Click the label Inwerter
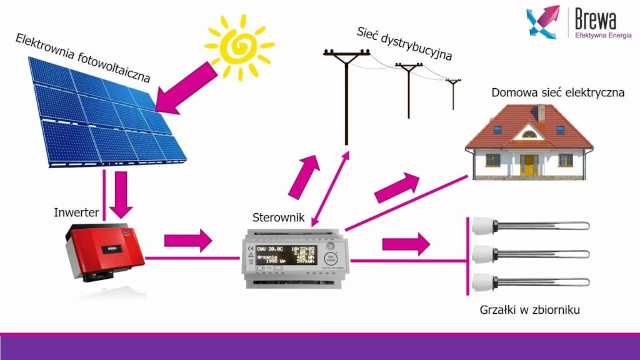click(76, 212)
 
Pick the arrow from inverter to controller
click(188, 240)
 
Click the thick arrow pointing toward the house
click(397, 187)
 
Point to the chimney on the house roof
click(541, 112)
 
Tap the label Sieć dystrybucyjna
click(404, 44)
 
